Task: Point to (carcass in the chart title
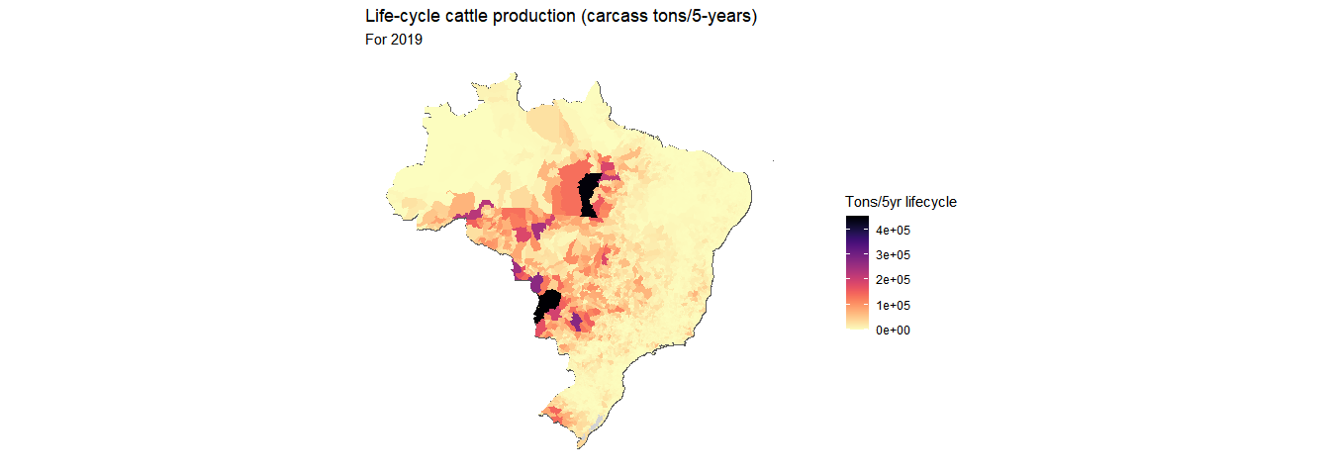(x=600, y=17)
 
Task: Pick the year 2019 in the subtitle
(x=408, y=41)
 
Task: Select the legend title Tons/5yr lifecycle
(x=901, y=202)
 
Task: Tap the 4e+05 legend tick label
(x=893, y=230)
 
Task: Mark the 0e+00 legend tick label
(x=893, y=331)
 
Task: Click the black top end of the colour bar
(x=857, y=222)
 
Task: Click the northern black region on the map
(x=591, y=193)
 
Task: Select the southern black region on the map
(x=547, y=304)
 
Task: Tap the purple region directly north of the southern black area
(x=537, y=284)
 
